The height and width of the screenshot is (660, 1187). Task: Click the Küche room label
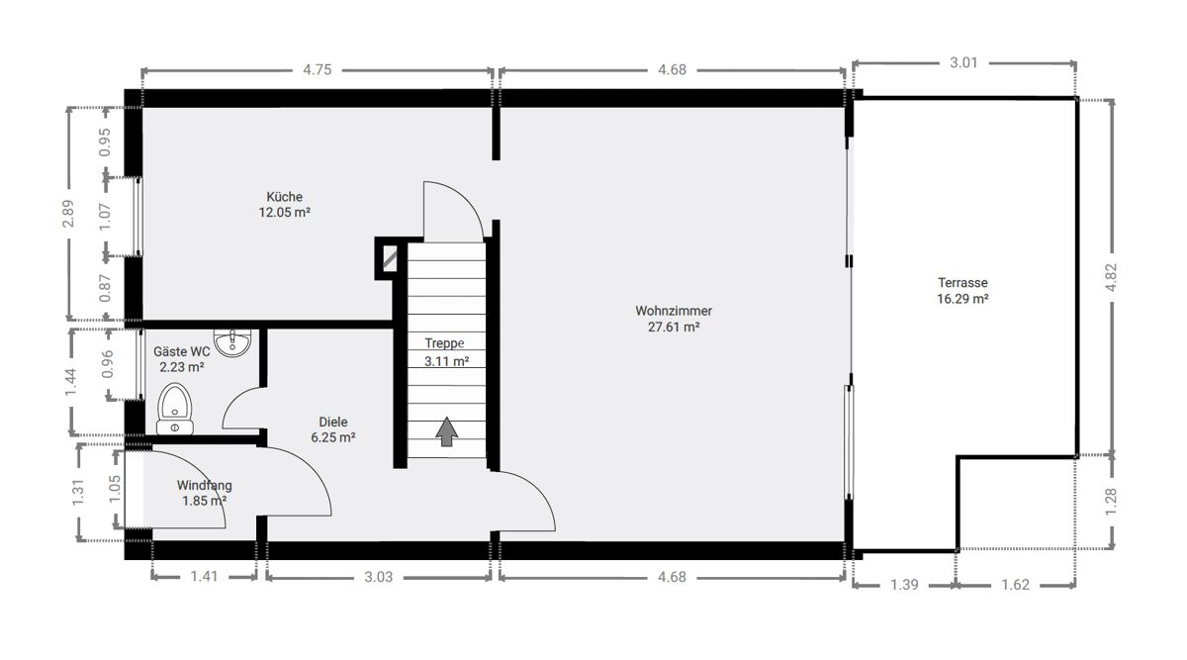click(x=285, y=197)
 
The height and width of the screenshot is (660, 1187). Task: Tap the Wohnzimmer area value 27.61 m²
click(x=674, y=327)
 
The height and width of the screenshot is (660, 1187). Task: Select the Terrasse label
click(x=962, y=283)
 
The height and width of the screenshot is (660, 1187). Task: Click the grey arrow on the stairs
click(x=447, y=431)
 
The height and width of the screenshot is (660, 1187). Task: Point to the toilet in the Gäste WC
click(x=175, y=410)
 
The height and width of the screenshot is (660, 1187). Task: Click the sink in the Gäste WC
click(x=232, y=342)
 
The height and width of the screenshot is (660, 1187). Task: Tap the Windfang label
click(x=204, y=485)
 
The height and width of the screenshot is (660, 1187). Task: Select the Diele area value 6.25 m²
click(x=332, y=437)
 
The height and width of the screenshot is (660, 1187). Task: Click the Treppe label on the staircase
click(x=444, y=343)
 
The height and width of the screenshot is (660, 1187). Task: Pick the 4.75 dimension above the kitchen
click(x=317, y=69)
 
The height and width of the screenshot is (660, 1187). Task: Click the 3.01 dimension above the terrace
click(x=963, y=62)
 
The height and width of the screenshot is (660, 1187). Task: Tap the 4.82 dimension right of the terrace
click(x=1111, y=277)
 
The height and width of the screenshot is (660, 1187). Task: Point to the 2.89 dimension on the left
click(x=68, y=214)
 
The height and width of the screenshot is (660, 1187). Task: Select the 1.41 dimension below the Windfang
click(x=204, y=576)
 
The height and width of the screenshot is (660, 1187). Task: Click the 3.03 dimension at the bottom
click(x=378, y=577)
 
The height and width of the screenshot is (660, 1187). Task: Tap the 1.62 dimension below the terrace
click(x=1015, y=585)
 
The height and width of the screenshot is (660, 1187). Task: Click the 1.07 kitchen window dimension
click(x=105, y=217)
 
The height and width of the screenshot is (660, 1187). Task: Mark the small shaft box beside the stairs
click(x=390, y=258)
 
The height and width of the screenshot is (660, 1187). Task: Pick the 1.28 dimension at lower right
click(x=1111, y=502)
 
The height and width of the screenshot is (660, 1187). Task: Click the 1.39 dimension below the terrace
click(x=904, y=585)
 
